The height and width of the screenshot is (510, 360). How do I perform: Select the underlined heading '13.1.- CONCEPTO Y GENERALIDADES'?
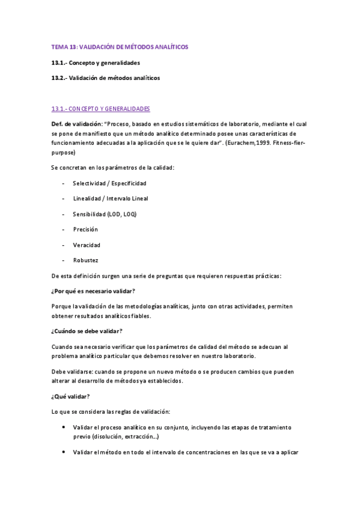point(100,109)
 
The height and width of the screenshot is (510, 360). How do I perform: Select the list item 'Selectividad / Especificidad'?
point(109,183)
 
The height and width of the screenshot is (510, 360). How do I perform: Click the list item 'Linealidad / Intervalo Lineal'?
point(111,198)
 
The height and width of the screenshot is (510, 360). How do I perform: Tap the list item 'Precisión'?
point(85,230)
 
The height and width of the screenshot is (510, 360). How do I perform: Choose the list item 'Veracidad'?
point(87,245)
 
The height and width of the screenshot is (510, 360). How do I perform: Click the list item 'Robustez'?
point(85,261)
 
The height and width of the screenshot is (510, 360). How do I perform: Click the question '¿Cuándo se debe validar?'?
point(87,331)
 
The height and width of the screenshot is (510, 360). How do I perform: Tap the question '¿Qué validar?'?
point(71,396)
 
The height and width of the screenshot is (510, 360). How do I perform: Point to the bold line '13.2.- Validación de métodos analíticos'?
point(106,78)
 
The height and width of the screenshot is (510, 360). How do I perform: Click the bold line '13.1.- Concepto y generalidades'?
point(96,63)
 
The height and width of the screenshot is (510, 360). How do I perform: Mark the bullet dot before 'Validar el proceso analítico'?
point(64,427)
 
